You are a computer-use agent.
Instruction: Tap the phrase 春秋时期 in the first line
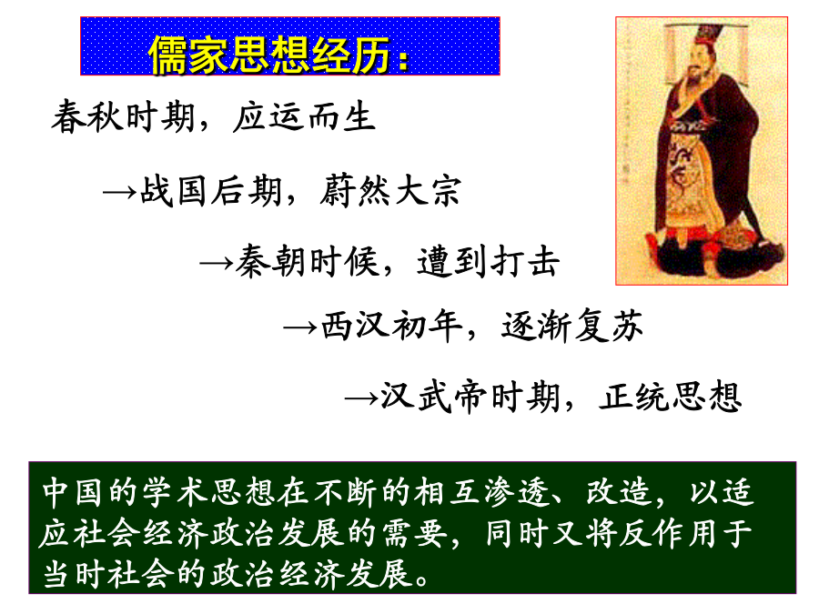pos(123,116)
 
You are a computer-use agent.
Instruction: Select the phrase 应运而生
pos(305,116)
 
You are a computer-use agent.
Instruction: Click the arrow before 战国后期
pos(119,193)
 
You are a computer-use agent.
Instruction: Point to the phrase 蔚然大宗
pos(390,190)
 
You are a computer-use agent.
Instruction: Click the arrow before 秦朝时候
pos(217,263)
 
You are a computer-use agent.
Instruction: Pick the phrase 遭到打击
pos(489,260)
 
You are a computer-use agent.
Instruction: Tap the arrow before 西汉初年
pos(299,327)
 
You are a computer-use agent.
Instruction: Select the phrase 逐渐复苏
pos(572,326)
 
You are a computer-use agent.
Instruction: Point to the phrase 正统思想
pos(670,397)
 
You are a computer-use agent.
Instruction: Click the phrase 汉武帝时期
pos(470,397)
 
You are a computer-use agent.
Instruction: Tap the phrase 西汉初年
pos(391,326)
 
